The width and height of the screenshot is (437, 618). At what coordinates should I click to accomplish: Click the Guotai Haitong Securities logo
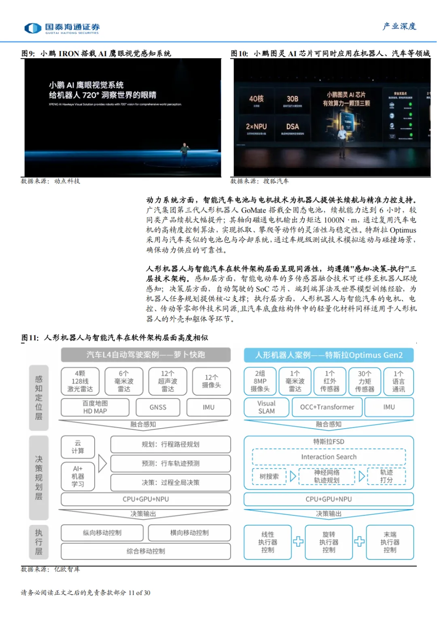point(62,28)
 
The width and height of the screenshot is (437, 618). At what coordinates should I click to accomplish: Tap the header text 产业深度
point(399,26)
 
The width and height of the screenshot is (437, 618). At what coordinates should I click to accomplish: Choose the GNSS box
point(158,407)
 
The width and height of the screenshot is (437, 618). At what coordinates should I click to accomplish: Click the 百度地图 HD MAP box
point(95,407)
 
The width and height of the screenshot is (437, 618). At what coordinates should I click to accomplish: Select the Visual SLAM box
point(266,407)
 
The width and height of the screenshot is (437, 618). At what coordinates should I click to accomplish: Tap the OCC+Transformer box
point(327,407)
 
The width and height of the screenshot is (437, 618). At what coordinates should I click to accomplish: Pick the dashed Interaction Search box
point(329,457)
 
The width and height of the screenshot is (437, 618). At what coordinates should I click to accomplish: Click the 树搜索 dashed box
point(269,476)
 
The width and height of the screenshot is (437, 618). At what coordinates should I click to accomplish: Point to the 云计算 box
point(78,447)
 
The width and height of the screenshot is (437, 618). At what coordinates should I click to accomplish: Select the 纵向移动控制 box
point(102,533)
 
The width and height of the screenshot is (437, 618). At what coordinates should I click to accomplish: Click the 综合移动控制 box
point(146,551)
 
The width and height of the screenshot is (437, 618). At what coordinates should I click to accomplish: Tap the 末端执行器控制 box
point(390,542)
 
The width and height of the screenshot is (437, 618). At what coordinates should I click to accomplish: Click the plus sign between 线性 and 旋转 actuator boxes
point(298,542)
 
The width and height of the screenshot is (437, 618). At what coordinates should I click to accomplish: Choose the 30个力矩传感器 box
point(364,381)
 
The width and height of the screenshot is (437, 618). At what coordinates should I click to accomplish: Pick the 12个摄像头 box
point(211,381)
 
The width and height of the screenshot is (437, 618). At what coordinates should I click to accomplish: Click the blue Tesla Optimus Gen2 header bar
point(329,355)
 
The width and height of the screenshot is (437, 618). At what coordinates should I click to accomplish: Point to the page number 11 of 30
point(139,593)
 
